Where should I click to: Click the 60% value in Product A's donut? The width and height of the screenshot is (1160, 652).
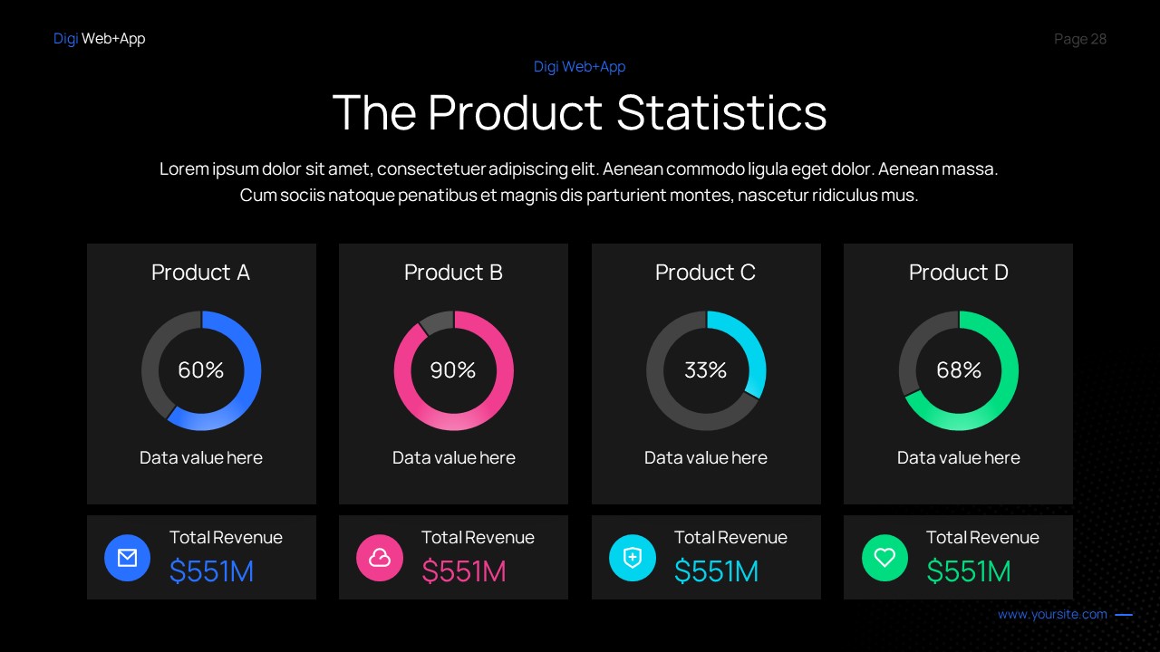point(200,370)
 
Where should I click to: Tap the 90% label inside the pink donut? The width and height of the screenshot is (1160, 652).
point(453,370)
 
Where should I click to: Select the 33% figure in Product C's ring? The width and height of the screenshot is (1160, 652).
point(705,370)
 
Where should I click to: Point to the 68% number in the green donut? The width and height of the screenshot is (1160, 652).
point(959,370)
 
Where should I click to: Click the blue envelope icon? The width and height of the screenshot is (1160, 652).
point(128,558)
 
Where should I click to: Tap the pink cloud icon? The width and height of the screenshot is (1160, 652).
point(380,558)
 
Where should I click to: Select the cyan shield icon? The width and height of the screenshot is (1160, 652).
point(633,558)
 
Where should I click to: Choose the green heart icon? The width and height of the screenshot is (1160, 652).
point(884,558)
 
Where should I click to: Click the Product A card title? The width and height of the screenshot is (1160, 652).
point(200,273)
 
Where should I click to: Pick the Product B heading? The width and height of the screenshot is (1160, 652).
point(453,273)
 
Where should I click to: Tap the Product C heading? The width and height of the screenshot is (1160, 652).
point(705,273)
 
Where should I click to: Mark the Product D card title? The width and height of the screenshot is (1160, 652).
point(959,273)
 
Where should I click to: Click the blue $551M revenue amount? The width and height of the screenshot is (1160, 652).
point(211,571)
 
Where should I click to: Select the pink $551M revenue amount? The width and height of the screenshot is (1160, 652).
point(463,571)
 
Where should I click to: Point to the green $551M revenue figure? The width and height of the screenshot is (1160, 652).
point(968,571)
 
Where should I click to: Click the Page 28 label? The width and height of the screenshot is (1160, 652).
point(1080,39)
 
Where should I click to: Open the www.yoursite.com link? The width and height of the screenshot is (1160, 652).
point(1052,615)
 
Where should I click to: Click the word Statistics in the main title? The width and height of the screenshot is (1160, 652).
point(721,113)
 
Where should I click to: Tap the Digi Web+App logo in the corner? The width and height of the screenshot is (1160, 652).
point(99,39)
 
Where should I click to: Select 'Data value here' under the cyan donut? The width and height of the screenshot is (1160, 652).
point(705,458)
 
